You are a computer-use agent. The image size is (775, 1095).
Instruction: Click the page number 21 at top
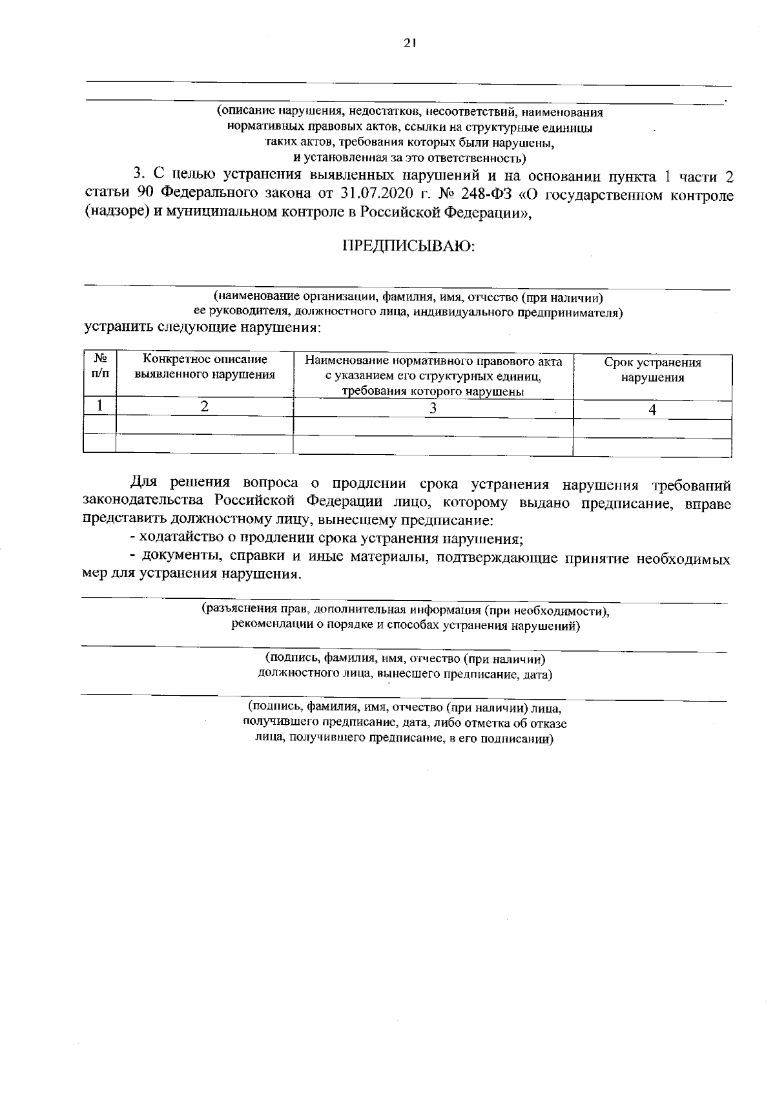409,43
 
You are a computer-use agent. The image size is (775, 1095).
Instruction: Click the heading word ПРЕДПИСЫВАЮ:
408,246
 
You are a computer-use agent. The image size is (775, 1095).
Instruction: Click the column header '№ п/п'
100,366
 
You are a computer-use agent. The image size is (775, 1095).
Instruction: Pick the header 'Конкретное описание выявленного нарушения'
205,366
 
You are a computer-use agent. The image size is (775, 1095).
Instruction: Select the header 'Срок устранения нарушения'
652,370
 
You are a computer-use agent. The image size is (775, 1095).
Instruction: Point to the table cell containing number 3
433,408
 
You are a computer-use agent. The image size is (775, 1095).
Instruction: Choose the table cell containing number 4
652,410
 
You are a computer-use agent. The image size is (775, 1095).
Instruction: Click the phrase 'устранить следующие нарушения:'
203,327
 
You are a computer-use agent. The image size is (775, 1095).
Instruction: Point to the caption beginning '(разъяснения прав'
406,609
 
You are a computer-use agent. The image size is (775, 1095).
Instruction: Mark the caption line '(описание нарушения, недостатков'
409,112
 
